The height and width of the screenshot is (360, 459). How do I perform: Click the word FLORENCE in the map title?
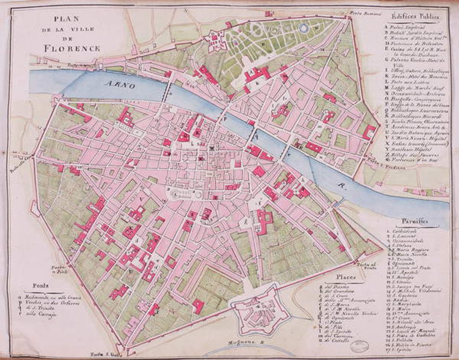tap(72, 48)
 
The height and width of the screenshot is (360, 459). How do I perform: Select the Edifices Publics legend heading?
tap(415, 16)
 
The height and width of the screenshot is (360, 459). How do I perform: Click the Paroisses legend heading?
tap(415, 221)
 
